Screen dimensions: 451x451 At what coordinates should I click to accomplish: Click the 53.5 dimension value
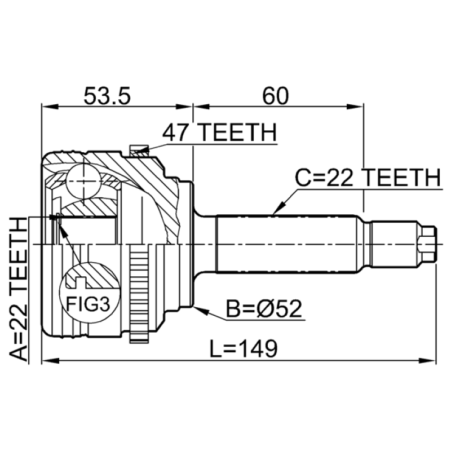tap(107, 96)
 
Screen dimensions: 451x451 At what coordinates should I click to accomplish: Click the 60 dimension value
tap(275, 96)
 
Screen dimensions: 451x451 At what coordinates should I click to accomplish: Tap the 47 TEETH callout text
tap(219, 132)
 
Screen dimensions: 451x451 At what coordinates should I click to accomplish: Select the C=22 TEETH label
tap(368, 178)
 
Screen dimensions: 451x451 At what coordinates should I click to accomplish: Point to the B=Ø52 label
tap(264, 309)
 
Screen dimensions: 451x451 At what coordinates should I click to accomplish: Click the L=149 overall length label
tap(244, 348)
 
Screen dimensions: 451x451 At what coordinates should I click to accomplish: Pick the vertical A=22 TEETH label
tap(19, 289)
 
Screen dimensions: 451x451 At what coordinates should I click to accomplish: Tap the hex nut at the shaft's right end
tap(427, 244)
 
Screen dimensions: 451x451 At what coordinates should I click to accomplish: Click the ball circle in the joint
tap(83, 181)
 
